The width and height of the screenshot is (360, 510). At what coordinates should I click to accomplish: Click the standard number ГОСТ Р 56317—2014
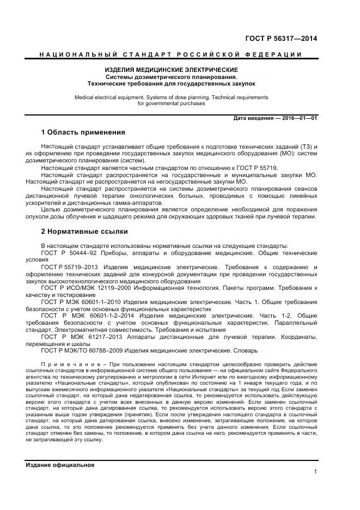pyautogui.click(x=281, y=39)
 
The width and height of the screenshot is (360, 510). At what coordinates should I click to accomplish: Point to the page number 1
pyautogui.click(x=315, y=472)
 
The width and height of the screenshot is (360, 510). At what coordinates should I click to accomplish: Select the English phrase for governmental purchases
pyautogui.click(x=171, y=103)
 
